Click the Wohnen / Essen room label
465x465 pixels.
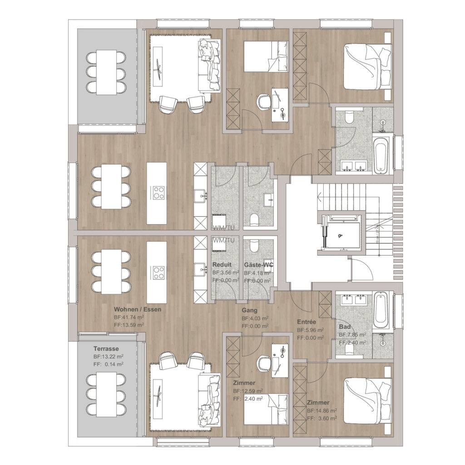(138, 309)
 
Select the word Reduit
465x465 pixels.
(222, 265)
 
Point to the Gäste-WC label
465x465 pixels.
(257, 265)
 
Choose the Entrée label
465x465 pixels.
(307, 322)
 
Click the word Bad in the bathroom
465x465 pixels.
(344, 327)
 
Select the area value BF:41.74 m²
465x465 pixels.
(129, 317)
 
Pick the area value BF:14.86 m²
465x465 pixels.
(322, 411)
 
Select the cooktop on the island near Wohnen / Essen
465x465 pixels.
(158, 273)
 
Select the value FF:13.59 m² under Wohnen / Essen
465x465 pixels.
(129, 325)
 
